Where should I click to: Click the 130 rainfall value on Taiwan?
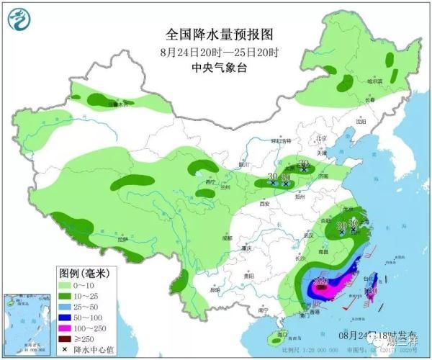pyautogui.click(x=371, y=291)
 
